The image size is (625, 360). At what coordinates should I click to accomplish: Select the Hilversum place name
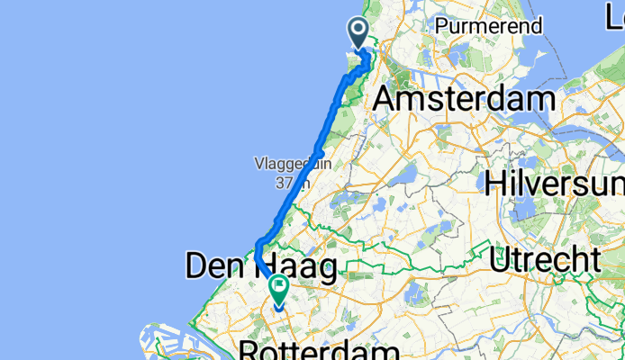pyautogui.click(x=554, y=184)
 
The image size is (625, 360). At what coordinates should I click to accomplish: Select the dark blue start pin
pyautogui.click(x=358, y=34)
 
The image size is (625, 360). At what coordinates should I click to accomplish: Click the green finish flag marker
pyautogui.click(x=279, y=289)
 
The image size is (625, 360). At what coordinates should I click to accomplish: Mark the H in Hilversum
pyautogui.click(x=495, y=184)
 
